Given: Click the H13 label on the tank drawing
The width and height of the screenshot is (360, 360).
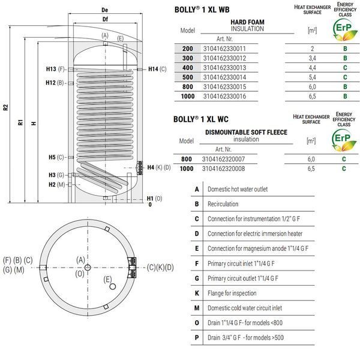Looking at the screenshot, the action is click(x=51, y=69).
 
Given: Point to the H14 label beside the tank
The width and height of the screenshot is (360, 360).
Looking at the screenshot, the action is click(x=153, y=69).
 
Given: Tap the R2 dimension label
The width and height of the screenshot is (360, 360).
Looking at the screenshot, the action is click(x=6, y=107).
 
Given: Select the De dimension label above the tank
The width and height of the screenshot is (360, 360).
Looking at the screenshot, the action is click(x=104, y=10).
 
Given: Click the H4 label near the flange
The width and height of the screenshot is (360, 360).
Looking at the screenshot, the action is click(x=151, y=167).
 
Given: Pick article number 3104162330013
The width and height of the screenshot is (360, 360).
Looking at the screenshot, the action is click(x=224, y=68).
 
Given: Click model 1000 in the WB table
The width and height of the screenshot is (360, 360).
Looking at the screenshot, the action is click(x=188, y=96).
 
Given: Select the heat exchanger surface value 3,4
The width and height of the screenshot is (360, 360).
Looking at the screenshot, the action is click(x=312, y=58).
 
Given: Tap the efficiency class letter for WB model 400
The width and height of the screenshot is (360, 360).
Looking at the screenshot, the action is click(x=345, y=68).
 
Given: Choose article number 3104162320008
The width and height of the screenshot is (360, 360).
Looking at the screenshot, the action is click(x=223, y=169).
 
